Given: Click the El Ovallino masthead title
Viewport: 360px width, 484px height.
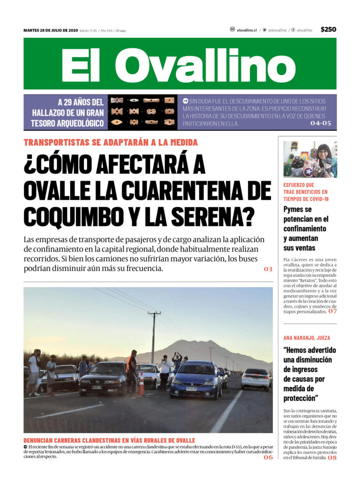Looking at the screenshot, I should [180, 64].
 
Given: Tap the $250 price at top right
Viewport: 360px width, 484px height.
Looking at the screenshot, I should [328, 30].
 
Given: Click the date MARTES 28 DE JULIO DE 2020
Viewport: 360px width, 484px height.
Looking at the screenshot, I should [51, 30].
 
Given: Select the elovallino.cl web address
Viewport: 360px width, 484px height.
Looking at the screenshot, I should [247, 30].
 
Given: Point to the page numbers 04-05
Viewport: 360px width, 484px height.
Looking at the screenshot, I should [321, 124].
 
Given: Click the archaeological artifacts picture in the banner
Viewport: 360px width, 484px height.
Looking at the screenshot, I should [142, 112].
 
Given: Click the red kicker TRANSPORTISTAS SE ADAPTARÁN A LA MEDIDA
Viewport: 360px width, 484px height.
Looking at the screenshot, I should [111, 142].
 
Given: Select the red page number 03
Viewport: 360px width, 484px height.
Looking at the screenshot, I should [268, 269].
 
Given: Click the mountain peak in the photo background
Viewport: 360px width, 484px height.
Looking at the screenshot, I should [199, 343].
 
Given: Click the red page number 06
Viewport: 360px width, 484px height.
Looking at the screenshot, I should [268, 457].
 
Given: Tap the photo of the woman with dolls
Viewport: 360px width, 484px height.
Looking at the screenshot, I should [310, 159].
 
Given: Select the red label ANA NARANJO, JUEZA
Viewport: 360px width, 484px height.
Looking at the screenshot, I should [307, 337].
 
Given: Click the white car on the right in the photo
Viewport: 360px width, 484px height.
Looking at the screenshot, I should [256, 378].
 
